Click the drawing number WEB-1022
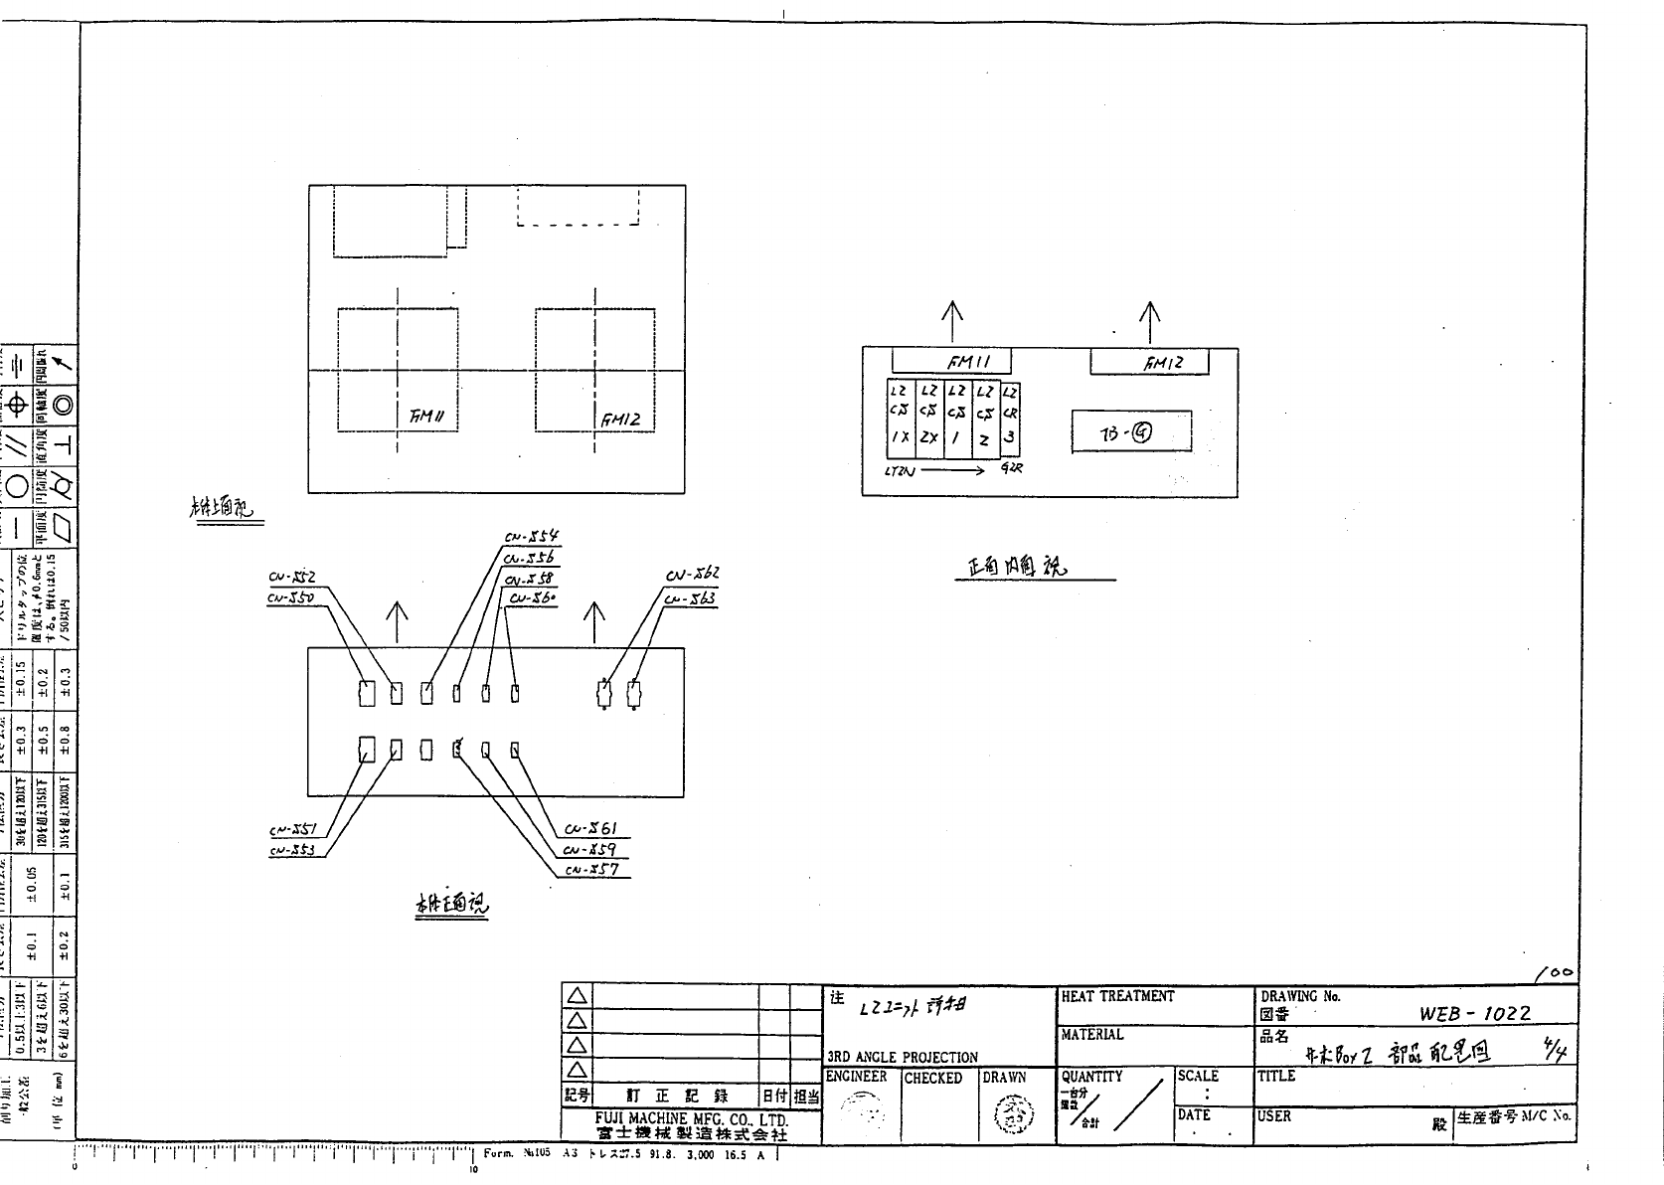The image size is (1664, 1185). pyautogui.click(x=1475, y=1013)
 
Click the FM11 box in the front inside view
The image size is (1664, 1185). pyautogui.click(x=951, y=362)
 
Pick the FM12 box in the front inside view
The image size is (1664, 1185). pyautogui.click(x=1150, y=363)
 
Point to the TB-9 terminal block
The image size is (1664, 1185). pyautogui.click(x=1131, y=432)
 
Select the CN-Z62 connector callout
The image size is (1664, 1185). pyautogui.click(x=693, y=575)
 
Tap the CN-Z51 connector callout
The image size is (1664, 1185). pyautogui.click(x=292, y=830)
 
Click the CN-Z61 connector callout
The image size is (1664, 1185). pyautogui.click(x=591, y=829)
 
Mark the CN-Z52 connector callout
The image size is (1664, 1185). pyautogui.click(x=291, y=578)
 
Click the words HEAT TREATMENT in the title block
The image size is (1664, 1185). pyautogui.click(x=1117, y=996)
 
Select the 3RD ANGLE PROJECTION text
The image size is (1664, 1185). pyautogui.click(x=903, y=1057)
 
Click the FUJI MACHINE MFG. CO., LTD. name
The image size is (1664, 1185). pyautogui.click(x=692, y=1119)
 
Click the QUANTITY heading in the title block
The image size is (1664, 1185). pyautogui.click(x=1091, y=1076)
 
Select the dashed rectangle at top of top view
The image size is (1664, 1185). pyautogui.click(x=579, y=206)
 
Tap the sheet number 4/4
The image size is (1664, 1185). pyautogui.click(x=1554, y=1051)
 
